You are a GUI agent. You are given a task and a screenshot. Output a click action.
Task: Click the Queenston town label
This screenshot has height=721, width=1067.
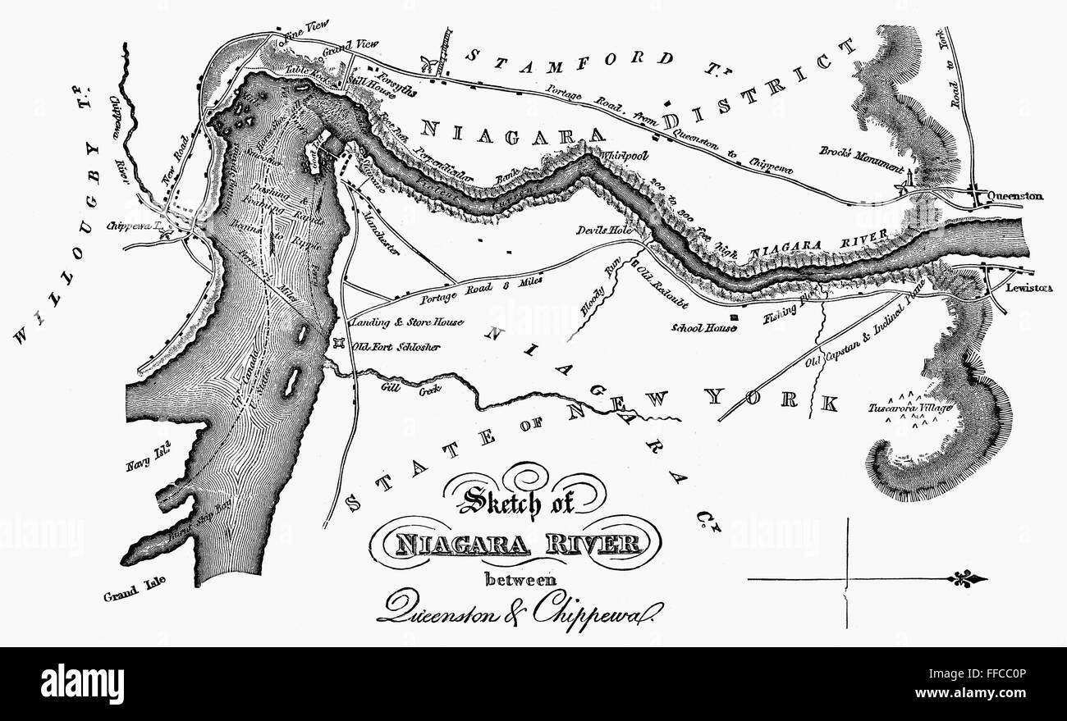coord(1016,197)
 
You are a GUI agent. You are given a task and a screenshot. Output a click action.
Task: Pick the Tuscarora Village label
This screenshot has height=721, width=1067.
coord(909,408)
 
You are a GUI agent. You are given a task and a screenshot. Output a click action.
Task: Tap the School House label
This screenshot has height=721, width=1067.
coord(700,327)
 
